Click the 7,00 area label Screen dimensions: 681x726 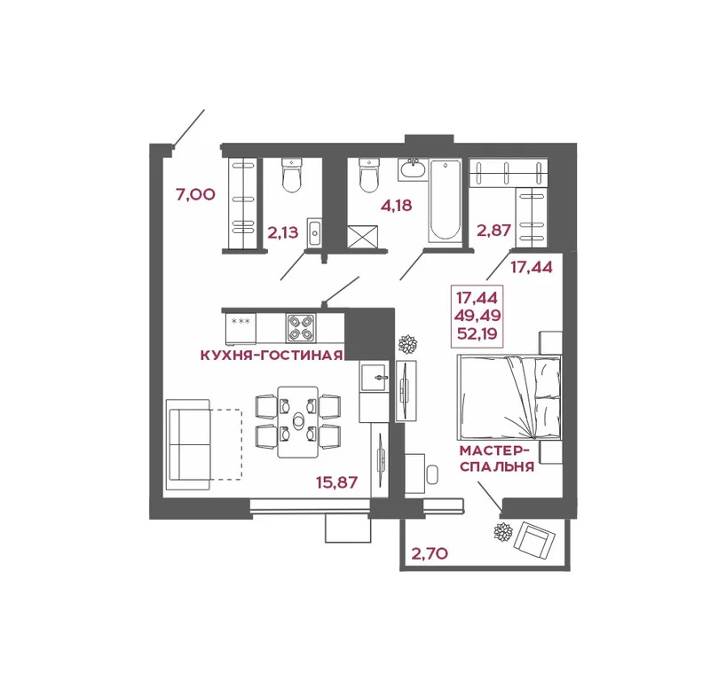(195, 194)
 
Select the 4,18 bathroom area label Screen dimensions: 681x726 (397, 207)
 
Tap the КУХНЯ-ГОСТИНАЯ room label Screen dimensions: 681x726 (272, 356)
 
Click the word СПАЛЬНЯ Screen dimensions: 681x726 (497, 466)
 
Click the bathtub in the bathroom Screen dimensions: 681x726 (444, 200)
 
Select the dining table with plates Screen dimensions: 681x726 (297, 421)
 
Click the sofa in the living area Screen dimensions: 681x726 (186, 442)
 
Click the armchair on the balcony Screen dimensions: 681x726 (538, 539)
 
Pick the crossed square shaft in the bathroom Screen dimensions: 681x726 (366, 236)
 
